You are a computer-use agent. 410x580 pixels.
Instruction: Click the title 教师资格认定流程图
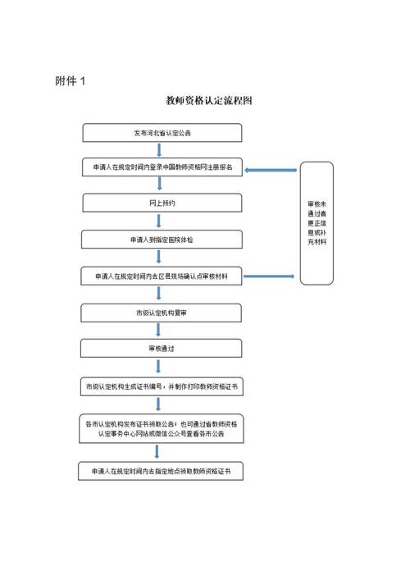(x=208, y=102)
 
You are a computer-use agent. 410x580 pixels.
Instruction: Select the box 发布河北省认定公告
(x=162, y=132)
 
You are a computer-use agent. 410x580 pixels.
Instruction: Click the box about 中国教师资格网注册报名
(x=162, y=167)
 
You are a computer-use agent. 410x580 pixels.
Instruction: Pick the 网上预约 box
(x=162, y=203)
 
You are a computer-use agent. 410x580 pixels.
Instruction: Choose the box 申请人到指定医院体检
(x=162, y=240)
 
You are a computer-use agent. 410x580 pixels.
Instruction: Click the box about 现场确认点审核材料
(x=162, y=276)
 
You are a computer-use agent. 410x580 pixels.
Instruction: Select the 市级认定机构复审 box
(x=162, y=313)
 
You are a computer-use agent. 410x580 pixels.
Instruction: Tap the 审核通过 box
(x=162, y=348)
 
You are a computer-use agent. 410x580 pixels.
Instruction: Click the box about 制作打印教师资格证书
(x=162, y=385)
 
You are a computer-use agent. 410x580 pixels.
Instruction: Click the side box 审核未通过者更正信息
(x=317, y=223)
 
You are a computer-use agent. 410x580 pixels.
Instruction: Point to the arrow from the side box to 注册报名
(x=271, y=170)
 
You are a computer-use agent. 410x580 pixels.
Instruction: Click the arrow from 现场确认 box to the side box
(x=271, y=276)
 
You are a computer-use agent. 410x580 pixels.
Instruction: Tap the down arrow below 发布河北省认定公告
(x=159, y=149)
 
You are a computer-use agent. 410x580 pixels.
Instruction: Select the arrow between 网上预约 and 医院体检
(x=159, y=221)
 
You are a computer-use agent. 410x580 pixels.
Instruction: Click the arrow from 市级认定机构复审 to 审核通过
(x=159, y=331)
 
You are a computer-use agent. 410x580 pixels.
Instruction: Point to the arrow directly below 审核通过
(x=159, y=366)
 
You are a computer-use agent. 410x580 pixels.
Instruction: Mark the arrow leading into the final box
(x=159, y=453)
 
